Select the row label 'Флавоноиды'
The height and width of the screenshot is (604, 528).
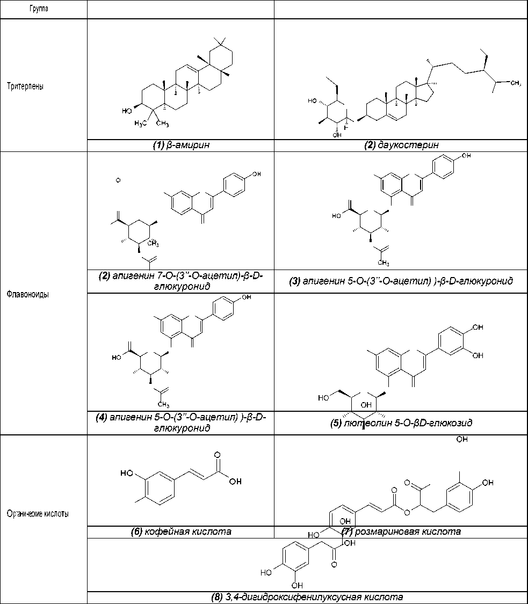(x=28, y=294)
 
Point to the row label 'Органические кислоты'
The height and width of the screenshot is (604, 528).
(x=38, y=514)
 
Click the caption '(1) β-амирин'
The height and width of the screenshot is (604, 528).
(x=180, y=145)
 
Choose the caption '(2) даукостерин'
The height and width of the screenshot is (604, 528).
(x=401, y=145)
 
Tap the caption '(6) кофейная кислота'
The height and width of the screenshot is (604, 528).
(x=181, y=532)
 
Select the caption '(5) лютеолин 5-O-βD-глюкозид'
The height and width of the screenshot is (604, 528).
(x=401, y=423)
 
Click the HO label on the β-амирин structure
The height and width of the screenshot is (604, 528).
(x=127, y=111)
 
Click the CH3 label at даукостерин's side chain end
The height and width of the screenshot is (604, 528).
(x=515, y=84)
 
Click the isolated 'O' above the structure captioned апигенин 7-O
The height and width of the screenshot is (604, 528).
(x=118, y=180)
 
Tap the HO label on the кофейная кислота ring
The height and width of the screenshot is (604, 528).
(x=127, y=473)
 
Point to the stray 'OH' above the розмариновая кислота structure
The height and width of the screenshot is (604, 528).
(x=461, y=440)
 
